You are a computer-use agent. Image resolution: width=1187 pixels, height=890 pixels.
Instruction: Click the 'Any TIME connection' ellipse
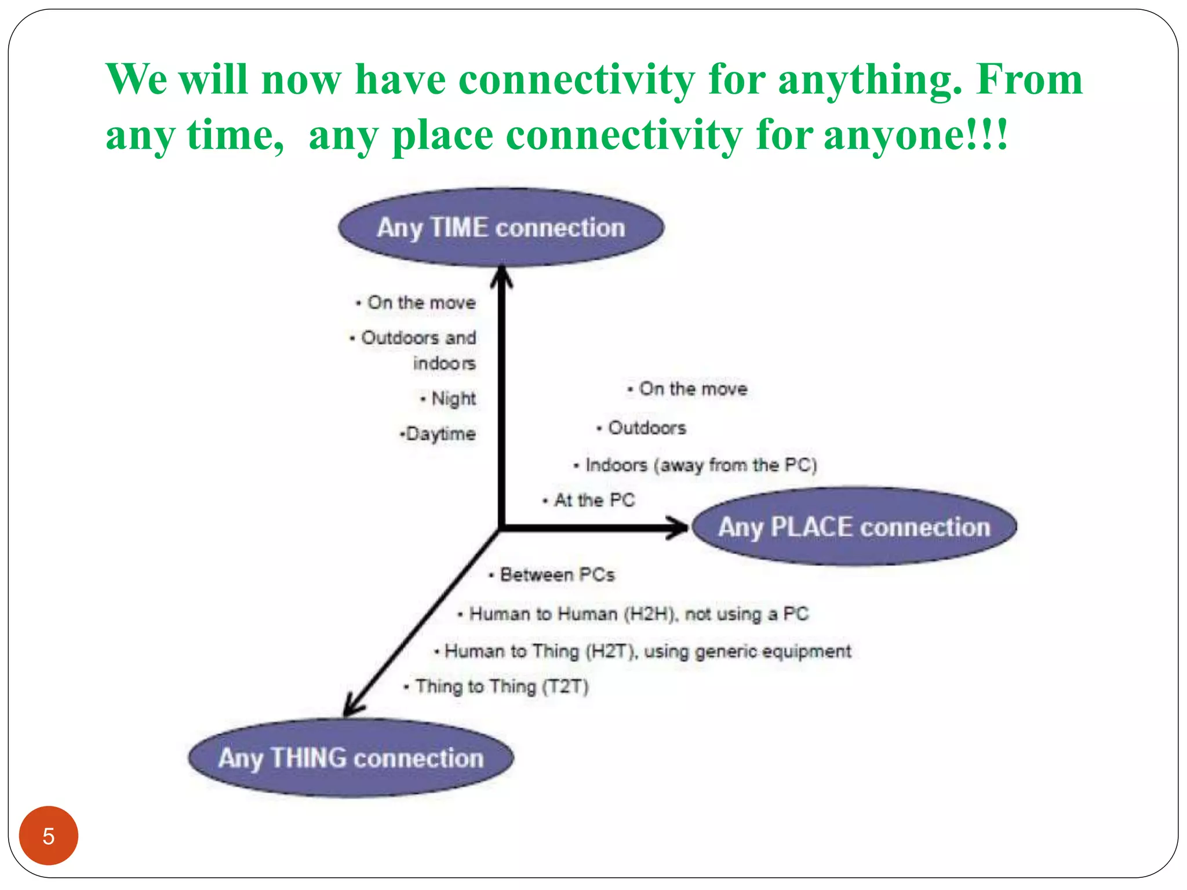(501, 227)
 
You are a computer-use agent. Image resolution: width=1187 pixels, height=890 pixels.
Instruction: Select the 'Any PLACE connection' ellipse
(854, 527)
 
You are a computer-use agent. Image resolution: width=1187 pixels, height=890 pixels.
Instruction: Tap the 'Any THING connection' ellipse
(351, 758)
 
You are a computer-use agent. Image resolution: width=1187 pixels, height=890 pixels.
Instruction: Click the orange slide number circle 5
(49, 836)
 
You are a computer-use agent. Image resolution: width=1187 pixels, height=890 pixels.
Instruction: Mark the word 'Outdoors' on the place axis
(647, 428)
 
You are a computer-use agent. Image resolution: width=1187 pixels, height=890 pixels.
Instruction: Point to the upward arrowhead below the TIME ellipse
(501, 276)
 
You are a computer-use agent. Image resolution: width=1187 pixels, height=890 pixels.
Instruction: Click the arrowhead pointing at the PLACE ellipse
(678, 527)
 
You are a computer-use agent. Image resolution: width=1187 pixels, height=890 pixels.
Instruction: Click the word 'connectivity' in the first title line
(577, 79)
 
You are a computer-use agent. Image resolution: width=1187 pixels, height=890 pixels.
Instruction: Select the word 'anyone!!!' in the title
(916, 135)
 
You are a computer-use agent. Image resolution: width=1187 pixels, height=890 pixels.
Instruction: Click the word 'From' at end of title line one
(1029, 79)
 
